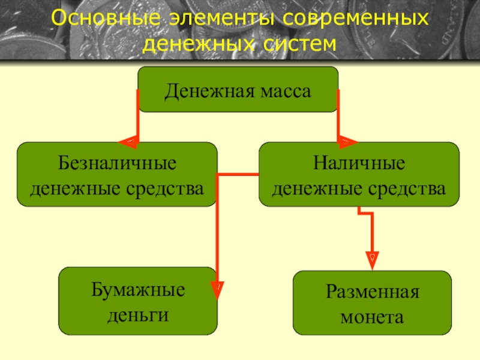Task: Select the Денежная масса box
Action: click(238, 89)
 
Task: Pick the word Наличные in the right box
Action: click(359, 163)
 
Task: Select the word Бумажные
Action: click(138, 290)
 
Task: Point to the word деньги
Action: click(138, 314)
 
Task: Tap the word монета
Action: click(372, 317)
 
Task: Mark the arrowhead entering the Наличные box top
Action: click(347, 142)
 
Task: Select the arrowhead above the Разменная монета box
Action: click(372, 259)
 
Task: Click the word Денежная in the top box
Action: click(210, 92)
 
